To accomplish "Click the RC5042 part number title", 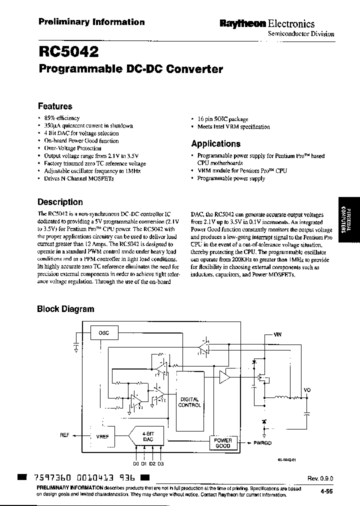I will (68, 51).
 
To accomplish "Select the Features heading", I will (55, 106).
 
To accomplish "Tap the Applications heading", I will (215, 143).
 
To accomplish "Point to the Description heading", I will (60, 202).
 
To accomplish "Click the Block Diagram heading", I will (65, 309).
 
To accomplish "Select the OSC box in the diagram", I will (103, 332).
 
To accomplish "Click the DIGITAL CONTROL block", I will (189, 402).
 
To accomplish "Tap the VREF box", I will (102, 436).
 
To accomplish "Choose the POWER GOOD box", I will (222, 443).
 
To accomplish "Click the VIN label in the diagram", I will (277, 334).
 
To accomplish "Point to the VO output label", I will (307, 390).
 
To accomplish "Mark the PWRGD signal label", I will (263, 442).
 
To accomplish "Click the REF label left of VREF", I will (64, 435).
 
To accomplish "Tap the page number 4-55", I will (327, 492).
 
